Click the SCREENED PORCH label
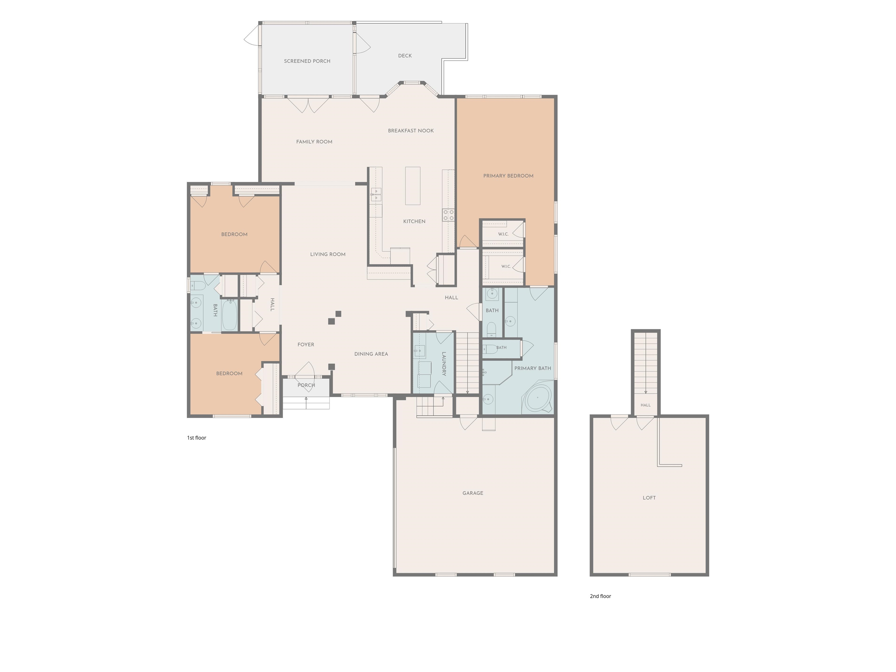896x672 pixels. tap(307, 61)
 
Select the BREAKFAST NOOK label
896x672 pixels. tap(411, 131)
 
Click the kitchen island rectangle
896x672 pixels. tap(413, 186)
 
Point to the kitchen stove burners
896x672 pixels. tap(448, 215)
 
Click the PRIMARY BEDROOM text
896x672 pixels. tap(508, 176)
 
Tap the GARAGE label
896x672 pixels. tap(473, 493)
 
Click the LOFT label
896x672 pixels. tap(649, 498)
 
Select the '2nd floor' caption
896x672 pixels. tap(600, 596)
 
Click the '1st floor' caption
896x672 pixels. tap(197, 438)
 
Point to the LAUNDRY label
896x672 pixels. tap(444, 364)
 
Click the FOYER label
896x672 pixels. tap(306, 345)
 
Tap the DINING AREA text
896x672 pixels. tap(371, 354)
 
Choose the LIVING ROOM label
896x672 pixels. tap(328, 254)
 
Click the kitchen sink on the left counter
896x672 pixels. tap(376, 195)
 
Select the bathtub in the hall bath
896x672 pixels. tap(229, 315)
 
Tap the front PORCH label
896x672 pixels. tap(306, 385)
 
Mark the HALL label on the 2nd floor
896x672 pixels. tap(646, 405)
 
